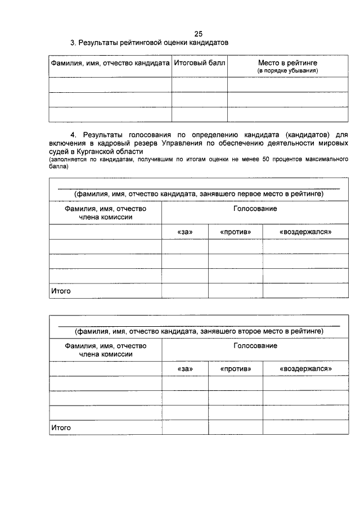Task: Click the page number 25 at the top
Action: point(198,34)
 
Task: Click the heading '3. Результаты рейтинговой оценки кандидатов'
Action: point(148,43)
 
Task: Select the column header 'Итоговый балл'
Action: point(199,64)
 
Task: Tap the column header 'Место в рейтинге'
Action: point(287,63)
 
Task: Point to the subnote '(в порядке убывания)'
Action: point(287,71)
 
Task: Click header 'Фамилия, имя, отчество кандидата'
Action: point(110,64)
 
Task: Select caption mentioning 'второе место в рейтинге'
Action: point(199,331)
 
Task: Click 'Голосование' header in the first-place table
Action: point(255,209)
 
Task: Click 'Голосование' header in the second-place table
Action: point(255,346)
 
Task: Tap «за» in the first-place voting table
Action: point(184,232)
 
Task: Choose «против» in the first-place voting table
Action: point(235,232)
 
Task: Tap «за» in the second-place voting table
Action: point(184,369)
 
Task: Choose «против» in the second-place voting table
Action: point(235,369)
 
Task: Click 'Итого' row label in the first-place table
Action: point(61,291)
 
